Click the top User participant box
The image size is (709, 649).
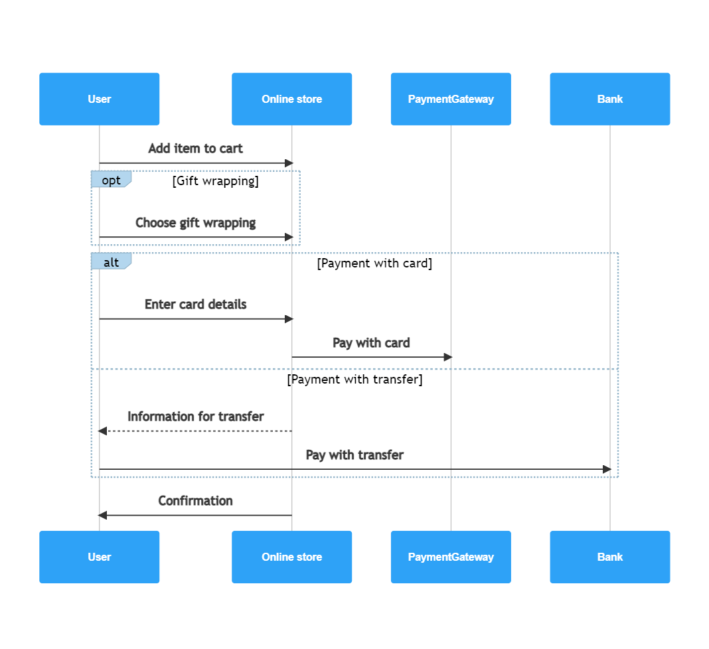pos(99,99)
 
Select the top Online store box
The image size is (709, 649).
pos(291,99)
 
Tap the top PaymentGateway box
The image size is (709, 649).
pos(451,99)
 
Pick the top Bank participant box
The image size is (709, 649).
pos(609,99)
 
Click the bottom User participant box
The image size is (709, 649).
pos(99,557)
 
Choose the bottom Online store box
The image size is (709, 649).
pos(291,557)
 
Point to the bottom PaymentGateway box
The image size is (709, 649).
pos(451,557)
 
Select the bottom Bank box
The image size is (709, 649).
pos(609,557)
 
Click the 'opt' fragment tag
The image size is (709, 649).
pos(111,180)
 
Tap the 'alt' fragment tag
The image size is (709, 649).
pos(111,262)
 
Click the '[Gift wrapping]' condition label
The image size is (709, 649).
pos(215,180)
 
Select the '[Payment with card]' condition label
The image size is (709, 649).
pos(374,263)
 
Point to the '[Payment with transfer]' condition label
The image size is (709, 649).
pos(354,380)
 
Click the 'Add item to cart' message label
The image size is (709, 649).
pos(195,148)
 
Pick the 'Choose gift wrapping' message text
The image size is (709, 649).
pos(195,222)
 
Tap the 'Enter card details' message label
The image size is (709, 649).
pos(195,304)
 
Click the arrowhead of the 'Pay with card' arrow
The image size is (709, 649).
pos(447,357)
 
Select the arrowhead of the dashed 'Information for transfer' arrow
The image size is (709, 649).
pos(102,431)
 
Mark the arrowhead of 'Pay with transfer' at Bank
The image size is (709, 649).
pos(606,469)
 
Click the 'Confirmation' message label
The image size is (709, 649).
pos(195,500)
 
